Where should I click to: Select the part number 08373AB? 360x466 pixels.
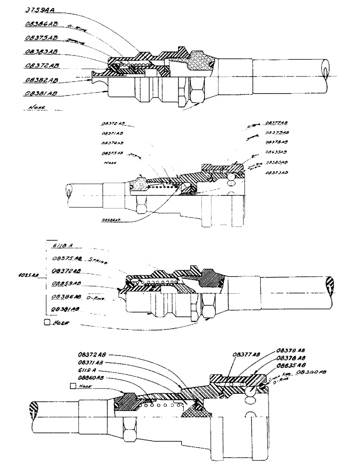coord(276,173)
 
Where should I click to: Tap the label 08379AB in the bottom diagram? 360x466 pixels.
coord(292,350)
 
